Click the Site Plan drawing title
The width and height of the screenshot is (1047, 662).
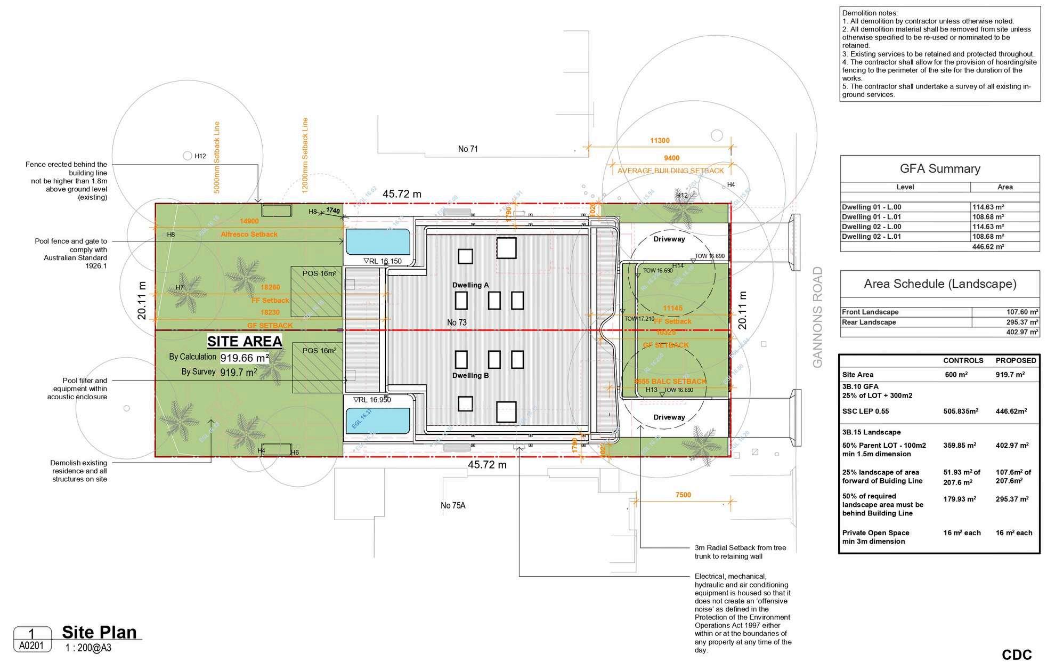pos(100,632)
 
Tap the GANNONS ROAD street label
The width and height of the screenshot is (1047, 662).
pos(818,317)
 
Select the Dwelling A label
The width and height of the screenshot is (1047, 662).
pos(470,285)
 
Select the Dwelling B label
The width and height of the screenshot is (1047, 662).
pos(470,375)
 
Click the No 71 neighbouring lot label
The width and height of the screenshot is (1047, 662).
pos(468,149)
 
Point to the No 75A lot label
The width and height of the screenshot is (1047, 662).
pos(453,505)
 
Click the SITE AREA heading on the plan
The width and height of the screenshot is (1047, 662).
pos(245,341)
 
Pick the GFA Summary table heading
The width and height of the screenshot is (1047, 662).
pos(940,169)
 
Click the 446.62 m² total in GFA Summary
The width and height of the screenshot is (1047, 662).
pos(988,247)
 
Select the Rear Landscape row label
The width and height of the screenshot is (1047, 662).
pos(869,322)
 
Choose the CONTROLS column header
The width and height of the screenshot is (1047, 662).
pos(963,360)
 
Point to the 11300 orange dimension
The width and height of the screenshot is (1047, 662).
pos(660,141)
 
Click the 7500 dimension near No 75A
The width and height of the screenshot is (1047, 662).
pos(683,495)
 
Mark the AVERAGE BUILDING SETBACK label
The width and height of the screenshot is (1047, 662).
pos(670,171)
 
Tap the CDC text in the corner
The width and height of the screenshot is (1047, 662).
pos(1017,655)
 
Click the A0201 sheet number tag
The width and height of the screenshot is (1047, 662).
pos(33,646)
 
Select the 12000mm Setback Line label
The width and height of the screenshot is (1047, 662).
pos(305,156)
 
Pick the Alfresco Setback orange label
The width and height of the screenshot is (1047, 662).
pos(249,235)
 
